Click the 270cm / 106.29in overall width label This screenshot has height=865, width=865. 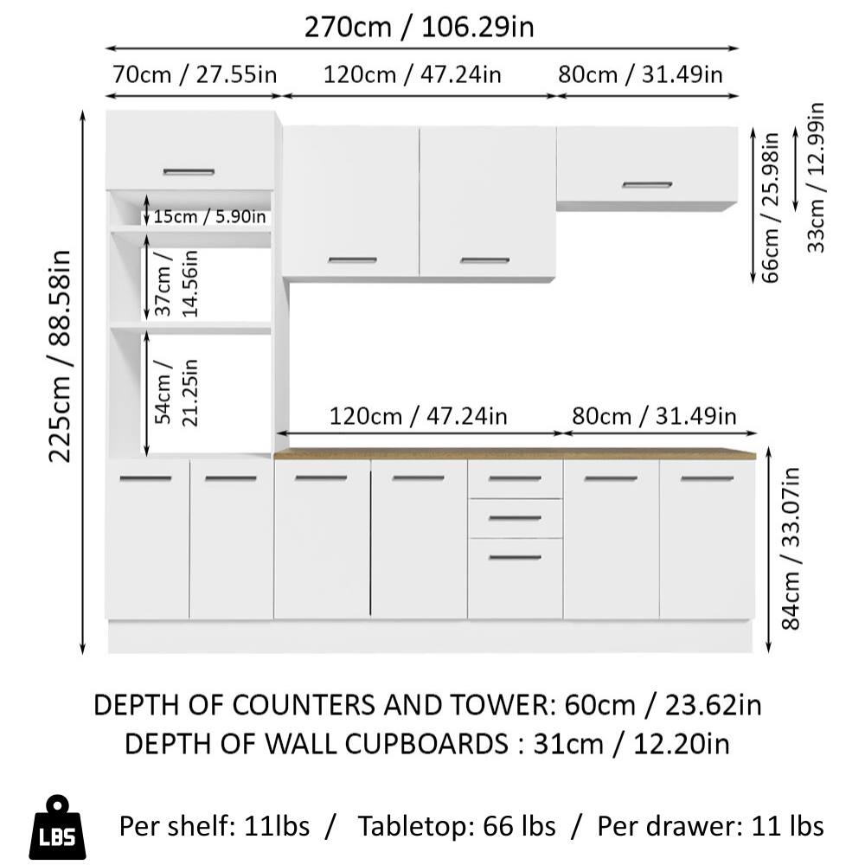pyautogui.click(x=419, y=27)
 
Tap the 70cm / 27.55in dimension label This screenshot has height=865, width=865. pyautogui.click(x=194, y=74)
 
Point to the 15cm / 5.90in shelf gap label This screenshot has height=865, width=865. pyautogui.click(x=209, y=216)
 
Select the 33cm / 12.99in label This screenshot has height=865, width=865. pyautogui.click(x=815, y=177)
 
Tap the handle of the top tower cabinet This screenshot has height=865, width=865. pyautogui.click(x=189, y=172)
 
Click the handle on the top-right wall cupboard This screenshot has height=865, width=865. pyautogui.click(x=646, y=185)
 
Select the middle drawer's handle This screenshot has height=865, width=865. pyautogui.click(x=515, y=518)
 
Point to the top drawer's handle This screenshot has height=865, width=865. pyautogui.click(x=515, y=478)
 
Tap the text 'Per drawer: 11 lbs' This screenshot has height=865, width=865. pyautogui.click(x=710, y=826)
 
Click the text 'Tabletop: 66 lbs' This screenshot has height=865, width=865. pyautogui.click(x=458, y=826)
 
